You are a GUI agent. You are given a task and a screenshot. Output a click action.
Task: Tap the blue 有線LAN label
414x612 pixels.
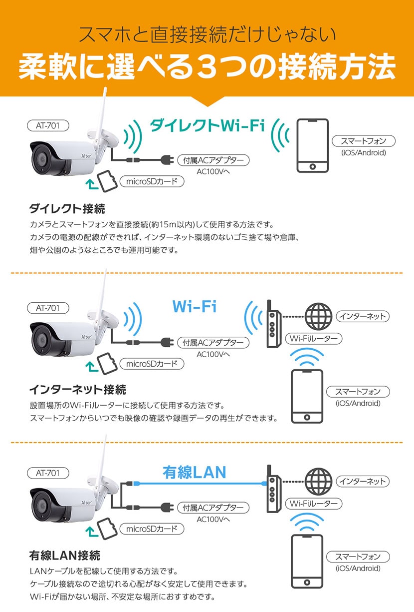pos(194,472)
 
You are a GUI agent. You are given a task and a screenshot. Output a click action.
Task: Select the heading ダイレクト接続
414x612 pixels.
pos(67,208)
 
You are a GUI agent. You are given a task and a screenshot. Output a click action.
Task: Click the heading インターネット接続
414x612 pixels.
pos(77,389)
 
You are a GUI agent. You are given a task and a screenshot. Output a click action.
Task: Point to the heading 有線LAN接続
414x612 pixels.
pos(65,555)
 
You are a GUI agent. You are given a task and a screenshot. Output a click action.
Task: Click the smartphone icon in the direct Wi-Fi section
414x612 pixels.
pos(312,146)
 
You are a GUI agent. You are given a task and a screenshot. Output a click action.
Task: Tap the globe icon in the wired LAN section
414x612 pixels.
pos(317,481)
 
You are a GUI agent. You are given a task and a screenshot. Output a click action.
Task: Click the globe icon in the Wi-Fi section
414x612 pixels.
pos(317,316)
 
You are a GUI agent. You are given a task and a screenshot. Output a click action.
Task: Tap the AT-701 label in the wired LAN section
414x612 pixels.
pos(47,472)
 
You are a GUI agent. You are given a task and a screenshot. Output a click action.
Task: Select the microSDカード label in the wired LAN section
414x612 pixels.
pos(152,529)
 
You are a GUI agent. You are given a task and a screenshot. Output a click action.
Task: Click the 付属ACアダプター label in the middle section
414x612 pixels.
pos(213,343)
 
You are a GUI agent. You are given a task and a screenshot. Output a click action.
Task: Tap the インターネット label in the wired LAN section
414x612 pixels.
pos(362,481)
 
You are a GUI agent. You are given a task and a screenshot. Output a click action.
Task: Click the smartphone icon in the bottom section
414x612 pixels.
pos(307,562)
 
